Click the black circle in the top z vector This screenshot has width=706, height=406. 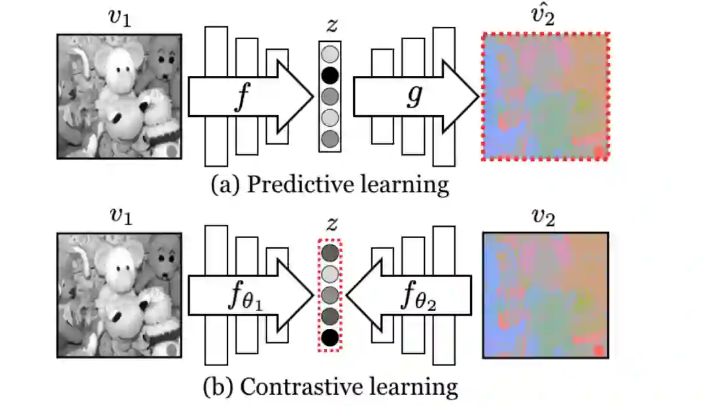pos(330,74)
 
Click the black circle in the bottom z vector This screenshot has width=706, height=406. pos(330,337)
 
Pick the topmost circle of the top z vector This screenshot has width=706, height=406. pos(330,52)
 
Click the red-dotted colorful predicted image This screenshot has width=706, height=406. pos(545,95)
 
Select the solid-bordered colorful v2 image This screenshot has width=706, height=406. pos(545,295)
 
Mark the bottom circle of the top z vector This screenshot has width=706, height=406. pos(330,139)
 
